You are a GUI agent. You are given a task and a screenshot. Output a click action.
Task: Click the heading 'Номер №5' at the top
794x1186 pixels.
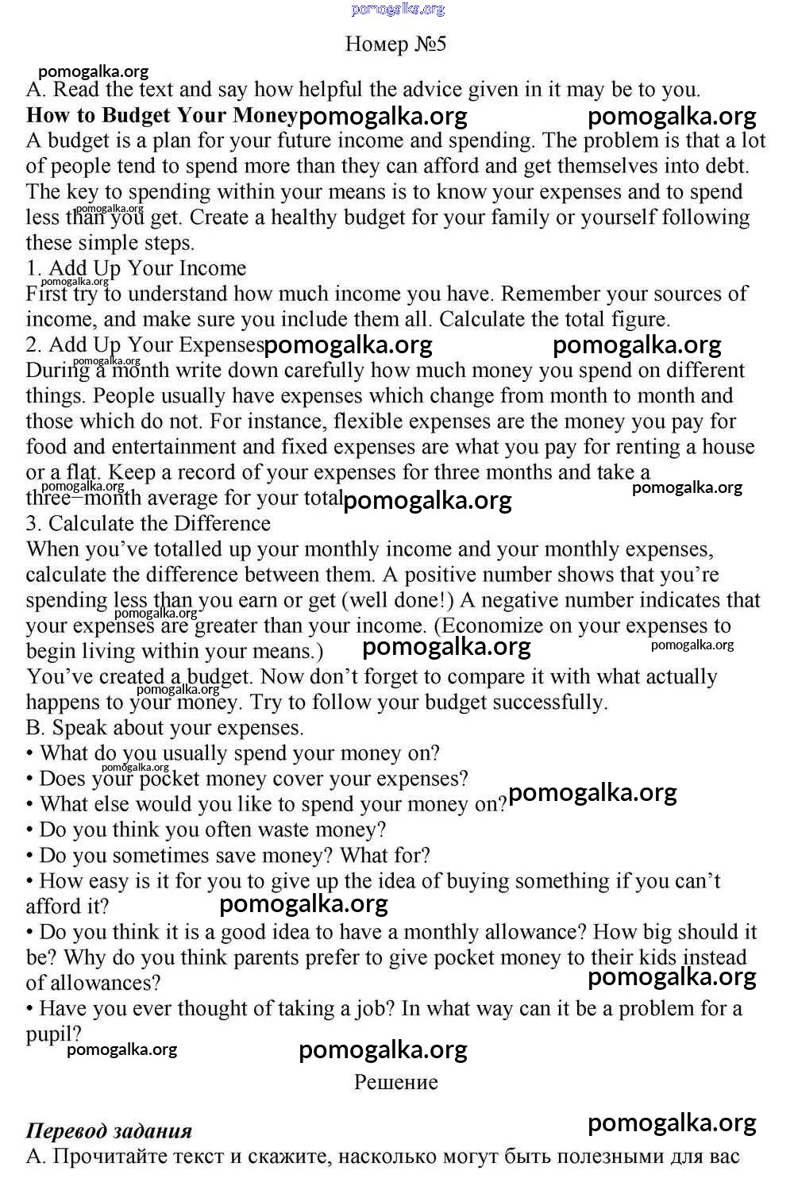coord(395,44)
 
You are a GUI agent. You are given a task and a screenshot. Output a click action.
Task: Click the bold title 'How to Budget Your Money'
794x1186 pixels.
coord(161,115)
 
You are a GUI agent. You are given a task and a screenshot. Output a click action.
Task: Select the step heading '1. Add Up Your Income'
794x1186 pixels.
coord(136,268)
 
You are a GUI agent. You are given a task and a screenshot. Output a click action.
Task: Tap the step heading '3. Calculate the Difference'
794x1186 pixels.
coord(148,524)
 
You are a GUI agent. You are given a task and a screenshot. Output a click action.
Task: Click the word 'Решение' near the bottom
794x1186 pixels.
coord(395,1082)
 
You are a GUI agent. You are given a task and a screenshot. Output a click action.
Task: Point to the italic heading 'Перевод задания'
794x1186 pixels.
coord(109,1131)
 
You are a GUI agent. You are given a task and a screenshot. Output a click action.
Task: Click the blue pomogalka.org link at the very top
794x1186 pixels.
coord(397,9)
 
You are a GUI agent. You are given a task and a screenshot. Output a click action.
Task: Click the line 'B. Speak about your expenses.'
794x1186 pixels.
coord(164,728)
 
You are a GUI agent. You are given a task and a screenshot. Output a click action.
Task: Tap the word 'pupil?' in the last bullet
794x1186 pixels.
coord(53,1034)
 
